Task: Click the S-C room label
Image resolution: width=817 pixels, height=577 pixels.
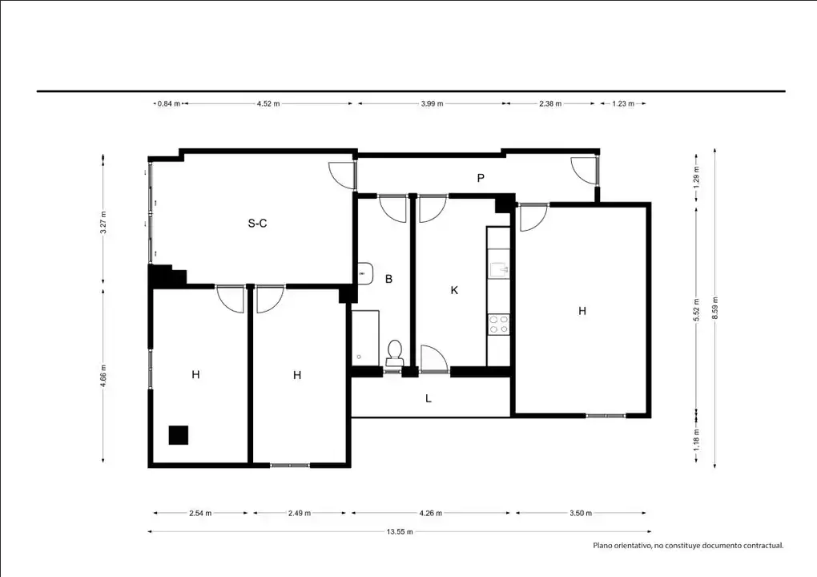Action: (x=257, y=224)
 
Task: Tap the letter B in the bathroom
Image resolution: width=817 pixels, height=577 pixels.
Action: (x=388, y=279)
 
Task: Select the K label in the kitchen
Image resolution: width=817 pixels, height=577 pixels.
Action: (x=454, y=290)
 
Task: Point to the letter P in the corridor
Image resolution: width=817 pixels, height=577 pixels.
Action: (x=481, y=178)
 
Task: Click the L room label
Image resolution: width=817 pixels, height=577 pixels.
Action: (x=429, y=399)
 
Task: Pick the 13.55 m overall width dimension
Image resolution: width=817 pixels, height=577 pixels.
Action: (x=400, y=531)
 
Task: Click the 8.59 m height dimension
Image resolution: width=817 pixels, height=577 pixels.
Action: (x=714, y=308)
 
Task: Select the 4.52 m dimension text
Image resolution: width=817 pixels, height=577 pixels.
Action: (x=268, y=103)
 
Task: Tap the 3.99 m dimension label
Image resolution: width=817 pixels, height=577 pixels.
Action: (x=432, y=103)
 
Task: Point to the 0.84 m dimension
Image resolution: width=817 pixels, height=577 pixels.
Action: (x=169, y=103)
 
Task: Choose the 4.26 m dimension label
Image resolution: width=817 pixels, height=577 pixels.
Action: (x=430, y=513)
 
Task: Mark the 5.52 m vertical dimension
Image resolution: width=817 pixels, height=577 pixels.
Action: (x=696, y=309)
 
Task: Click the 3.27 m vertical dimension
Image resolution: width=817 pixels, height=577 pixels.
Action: (x=103, y=222)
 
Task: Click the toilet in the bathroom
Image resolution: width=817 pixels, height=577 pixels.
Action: (x=395, y=353)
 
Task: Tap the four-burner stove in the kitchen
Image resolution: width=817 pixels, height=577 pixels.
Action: (x=499, y=325)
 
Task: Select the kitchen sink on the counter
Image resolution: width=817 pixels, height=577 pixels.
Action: (x=499, y=269)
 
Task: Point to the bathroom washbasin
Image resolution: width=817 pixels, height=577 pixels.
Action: (x=365, y=273)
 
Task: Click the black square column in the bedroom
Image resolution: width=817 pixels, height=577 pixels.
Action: (x=178, y=435)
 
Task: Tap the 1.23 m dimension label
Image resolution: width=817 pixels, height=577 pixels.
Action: (x=623, y=103)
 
